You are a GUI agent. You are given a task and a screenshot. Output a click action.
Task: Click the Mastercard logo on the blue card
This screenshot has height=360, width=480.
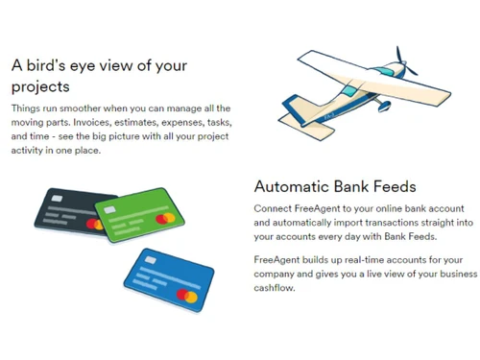coord(188,297)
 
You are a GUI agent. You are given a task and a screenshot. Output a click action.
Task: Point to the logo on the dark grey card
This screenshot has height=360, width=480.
coord(94,224)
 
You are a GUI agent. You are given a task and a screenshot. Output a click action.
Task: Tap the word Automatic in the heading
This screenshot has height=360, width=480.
coord(295,186)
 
